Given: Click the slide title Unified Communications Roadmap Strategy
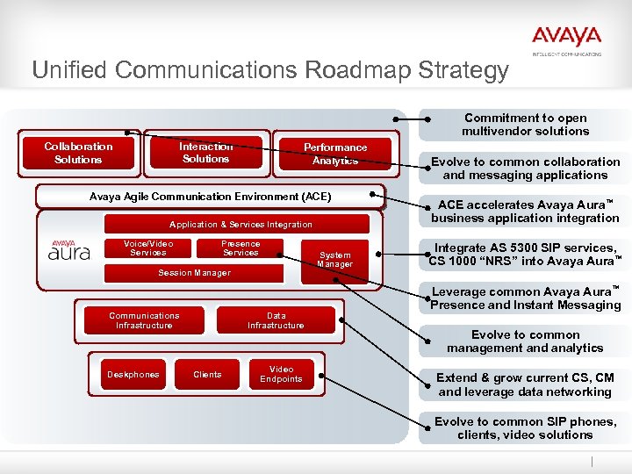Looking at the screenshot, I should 269,70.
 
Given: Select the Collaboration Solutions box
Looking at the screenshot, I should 78,154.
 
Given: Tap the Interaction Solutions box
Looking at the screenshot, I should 206,153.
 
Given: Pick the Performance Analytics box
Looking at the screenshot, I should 335,154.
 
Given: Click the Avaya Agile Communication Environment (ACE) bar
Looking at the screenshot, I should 210,197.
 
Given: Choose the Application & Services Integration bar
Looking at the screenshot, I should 240,225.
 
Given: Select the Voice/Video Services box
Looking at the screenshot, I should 147,248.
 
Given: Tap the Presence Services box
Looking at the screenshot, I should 241,248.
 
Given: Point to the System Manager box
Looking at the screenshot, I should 334,260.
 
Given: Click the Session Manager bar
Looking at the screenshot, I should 194,273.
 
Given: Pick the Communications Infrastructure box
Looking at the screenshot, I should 144,320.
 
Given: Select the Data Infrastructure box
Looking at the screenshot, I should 276,320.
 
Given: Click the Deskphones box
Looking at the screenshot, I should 133,375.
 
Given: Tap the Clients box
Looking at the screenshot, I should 207,375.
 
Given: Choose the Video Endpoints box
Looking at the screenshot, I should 281,374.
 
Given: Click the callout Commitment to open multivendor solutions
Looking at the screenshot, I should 526,125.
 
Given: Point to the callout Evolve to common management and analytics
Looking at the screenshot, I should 525,341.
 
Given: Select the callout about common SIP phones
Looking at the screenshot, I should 525,428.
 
